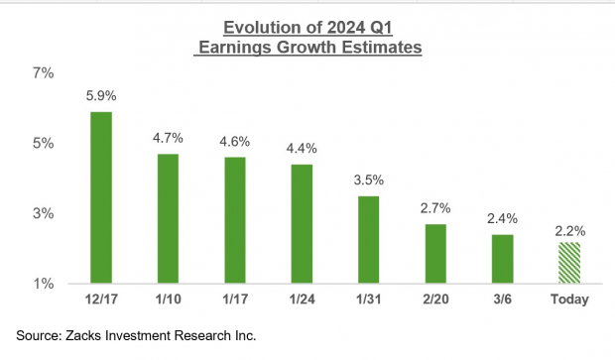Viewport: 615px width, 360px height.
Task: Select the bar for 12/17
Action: click(x=100, y=197)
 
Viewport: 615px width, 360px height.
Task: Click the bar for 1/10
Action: click(x=168, y=218)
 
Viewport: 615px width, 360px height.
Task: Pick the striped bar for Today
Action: click(x=568, y=263)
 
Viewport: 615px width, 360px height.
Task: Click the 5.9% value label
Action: click(x=100, y=96)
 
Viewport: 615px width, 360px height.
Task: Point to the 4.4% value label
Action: click(x=302, y=149)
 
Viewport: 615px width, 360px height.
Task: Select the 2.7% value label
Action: click(x=434, y=208)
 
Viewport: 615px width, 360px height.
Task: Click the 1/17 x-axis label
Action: click(x=234, y=300)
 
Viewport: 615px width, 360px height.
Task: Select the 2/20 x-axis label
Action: click(x=434, y=300)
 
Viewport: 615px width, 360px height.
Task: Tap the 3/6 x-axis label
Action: click(x=502, y=300)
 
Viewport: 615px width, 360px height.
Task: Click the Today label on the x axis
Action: click(x=568, y=300)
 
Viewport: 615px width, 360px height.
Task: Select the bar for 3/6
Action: click(x=502, y=259)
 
